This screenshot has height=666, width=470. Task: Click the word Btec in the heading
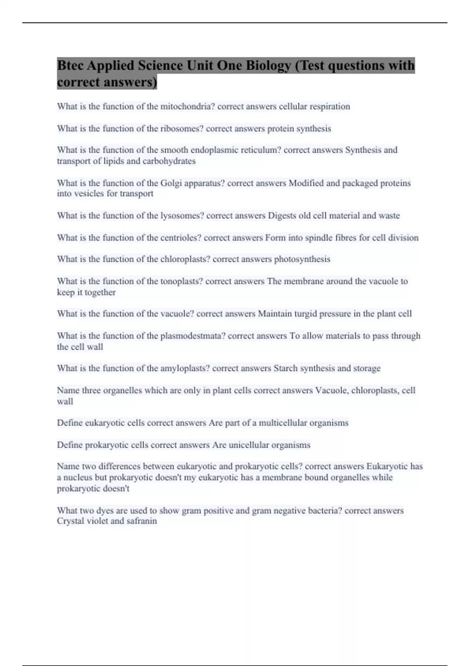(x=70, y=65)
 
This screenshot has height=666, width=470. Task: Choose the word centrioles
(x=181, y=237)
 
